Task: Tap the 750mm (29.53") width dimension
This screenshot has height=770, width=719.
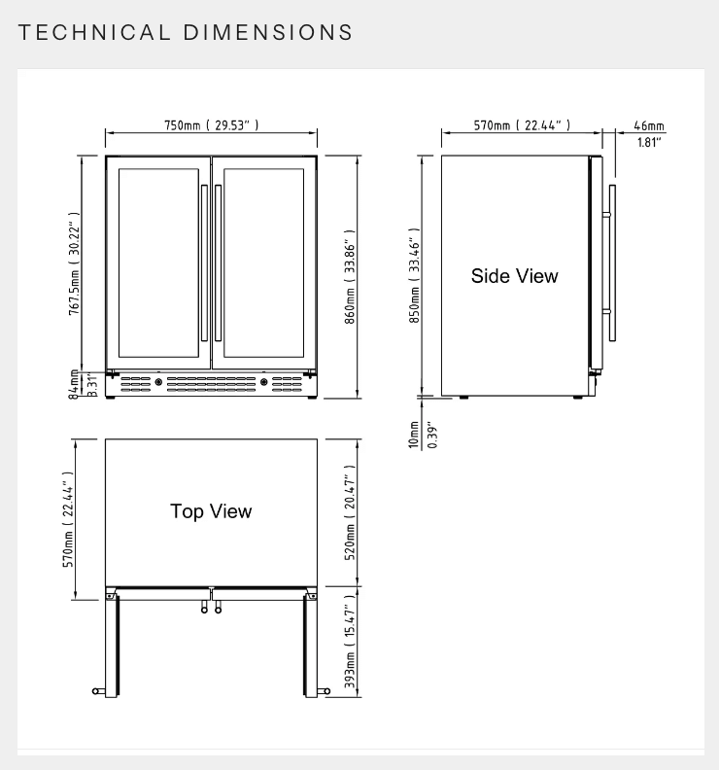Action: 211,125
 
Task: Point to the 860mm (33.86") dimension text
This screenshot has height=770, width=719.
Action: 351,277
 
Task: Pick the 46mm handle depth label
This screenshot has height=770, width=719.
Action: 649,125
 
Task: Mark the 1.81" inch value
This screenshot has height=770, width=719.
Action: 649,143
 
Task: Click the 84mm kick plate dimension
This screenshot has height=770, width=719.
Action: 75,384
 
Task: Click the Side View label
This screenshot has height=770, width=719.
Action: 515,276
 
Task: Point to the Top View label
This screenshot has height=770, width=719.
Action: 211,511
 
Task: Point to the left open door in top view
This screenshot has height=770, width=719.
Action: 113,642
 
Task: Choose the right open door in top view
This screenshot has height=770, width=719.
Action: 311,642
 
